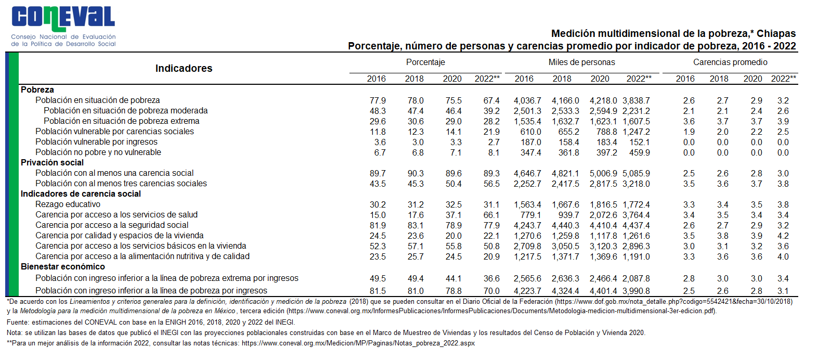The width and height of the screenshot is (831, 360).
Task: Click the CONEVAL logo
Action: (63, 26)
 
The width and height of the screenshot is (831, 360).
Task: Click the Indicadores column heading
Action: (184, 68)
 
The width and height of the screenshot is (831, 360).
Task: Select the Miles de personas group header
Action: (581, 62)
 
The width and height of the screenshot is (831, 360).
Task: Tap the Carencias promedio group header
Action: (730, 62)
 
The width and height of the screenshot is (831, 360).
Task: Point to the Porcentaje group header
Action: (425, 62)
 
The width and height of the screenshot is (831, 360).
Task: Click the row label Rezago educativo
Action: (68, 204)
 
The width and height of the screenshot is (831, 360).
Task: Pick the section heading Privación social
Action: (52, 162)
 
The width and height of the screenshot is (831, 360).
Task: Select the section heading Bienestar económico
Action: (63, 266)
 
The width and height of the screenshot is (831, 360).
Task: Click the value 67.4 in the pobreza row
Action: (491, 100)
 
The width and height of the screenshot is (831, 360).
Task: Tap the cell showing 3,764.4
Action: (636, 215)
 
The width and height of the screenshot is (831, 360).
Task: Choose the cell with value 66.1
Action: (491, 215)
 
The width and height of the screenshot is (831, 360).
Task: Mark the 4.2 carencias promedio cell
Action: (783, 236)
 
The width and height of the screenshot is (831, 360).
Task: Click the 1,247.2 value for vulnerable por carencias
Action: (636, 132)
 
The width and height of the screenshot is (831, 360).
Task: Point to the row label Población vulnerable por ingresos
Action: (96, 142)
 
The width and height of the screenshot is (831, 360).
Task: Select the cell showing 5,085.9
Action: (636, 173)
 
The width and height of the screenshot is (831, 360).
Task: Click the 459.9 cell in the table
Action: (640, 152)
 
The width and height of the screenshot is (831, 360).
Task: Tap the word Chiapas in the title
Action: (776, 34)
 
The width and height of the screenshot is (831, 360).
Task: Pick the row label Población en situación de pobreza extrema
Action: (121, 121)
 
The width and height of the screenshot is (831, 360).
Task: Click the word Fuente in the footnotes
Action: (18, 323)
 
